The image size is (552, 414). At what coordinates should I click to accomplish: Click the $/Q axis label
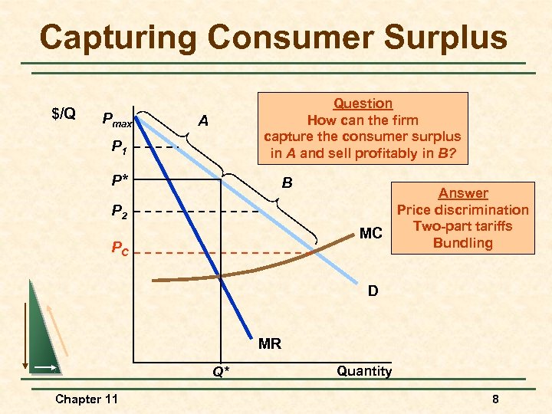(x=63, y=114)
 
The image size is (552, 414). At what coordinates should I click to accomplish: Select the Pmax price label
(x=117, y=120)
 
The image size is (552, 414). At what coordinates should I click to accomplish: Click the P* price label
(x=120, y=180)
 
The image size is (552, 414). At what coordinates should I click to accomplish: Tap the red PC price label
(x=120, y=248)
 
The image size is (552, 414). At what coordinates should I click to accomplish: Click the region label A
(x=202, y=120)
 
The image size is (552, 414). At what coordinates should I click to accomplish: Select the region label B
(x=287, y=183)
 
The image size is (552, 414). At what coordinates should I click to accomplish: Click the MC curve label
(x=371, y=232)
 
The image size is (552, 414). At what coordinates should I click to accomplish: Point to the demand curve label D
(x=373, y=291)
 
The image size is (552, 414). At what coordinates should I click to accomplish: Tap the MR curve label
(x=269, y=343)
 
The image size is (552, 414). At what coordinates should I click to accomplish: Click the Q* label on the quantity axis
(x=221, y=373)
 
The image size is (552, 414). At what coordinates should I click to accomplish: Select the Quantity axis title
(x=364, y=371)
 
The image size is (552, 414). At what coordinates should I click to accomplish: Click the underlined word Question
(x=363, y=103)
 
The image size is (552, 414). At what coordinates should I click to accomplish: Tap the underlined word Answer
(x=463, y=193)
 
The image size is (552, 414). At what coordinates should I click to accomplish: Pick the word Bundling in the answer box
(x=462, y=242)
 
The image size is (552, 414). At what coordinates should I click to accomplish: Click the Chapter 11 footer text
(x=87, y=399)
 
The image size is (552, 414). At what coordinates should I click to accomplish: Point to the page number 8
(x=496, y=399)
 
